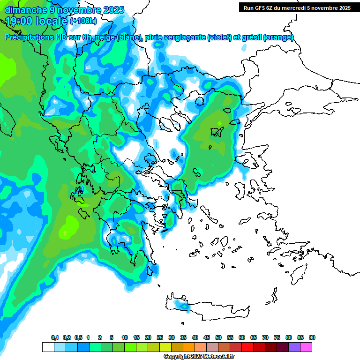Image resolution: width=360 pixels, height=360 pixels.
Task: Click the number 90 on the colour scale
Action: [312, 337]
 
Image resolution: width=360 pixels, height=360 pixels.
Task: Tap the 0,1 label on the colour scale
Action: [54, 337]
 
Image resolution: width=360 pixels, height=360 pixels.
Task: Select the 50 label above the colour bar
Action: [218, 337]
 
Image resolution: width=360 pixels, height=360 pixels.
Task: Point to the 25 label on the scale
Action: [160, 337]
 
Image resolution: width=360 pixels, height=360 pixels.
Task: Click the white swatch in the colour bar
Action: [48, 347]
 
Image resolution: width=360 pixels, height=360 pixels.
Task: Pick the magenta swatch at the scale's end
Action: [306, 347]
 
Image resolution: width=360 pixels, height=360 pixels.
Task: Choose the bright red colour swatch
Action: [247, 347]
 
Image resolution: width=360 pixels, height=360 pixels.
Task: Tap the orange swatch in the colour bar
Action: [189, 347]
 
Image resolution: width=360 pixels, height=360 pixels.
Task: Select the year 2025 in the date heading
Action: [112, 9]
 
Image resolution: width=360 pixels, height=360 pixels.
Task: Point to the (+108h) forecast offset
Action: [84, 21]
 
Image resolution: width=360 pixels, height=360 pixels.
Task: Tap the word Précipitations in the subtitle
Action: [32, 37]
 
